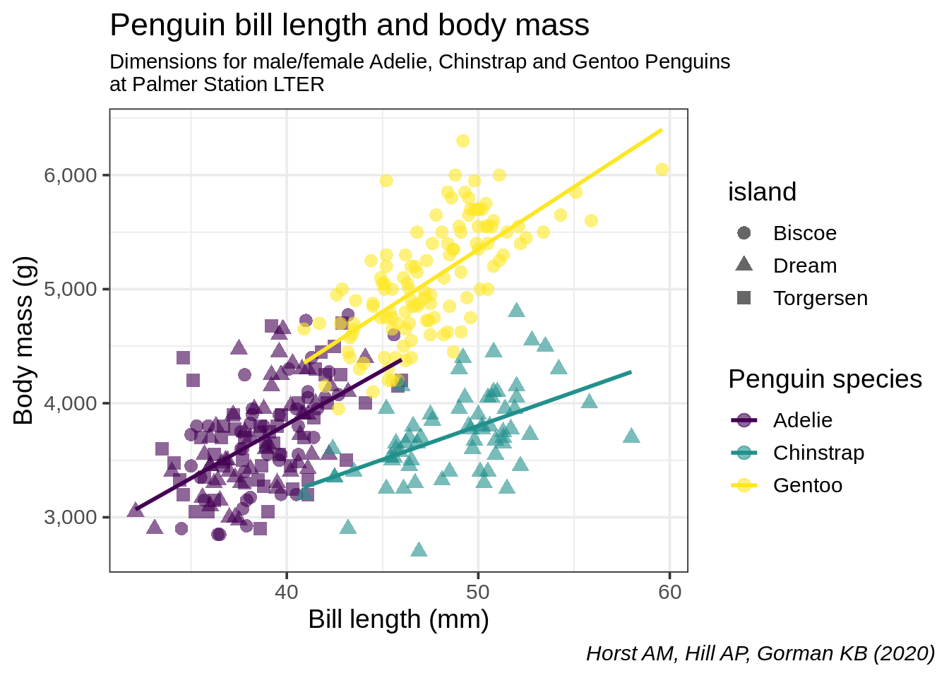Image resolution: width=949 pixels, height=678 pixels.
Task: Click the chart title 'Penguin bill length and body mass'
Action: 350,25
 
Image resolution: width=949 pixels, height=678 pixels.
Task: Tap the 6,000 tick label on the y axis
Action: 70,175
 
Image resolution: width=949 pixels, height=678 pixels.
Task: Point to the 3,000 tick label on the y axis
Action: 70,517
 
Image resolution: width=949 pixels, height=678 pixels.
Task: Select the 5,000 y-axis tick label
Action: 70,289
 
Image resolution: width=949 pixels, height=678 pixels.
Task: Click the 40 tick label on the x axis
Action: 287,592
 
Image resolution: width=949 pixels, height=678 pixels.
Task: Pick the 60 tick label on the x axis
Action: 669,592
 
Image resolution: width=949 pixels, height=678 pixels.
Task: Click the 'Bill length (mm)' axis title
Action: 398,619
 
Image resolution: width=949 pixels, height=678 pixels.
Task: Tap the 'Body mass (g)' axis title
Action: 24,340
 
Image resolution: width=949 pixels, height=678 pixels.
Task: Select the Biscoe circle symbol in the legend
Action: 744,233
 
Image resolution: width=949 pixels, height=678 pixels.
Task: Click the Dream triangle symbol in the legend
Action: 744,265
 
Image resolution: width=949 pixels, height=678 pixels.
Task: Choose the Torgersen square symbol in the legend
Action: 744,298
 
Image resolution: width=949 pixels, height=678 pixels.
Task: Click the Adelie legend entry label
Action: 802,420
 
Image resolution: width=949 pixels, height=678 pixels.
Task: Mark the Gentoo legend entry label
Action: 807,485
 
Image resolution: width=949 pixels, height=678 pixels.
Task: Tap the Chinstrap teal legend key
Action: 744,453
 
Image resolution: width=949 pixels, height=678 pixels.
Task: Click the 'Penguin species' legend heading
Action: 825,379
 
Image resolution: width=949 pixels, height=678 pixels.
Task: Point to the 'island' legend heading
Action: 762,192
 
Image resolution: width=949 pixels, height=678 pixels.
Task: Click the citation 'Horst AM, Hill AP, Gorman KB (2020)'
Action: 760,653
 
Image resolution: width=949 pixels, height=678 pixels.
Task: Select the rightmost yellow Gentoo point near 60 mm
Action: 662,169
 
